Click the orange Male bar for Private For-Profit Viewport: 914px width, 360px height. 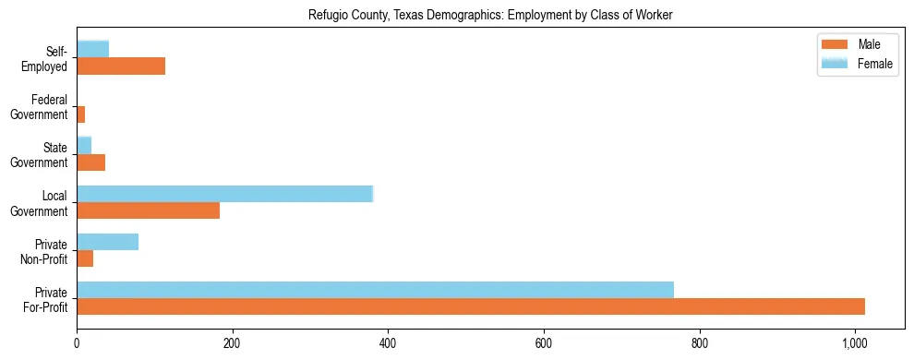(471, 306)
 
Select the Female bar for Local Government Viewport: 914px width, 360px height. (224, 193)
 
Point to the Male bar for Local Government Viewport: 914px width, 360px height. (148, 210)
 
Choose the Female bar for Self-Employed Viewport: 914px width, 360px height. (92, 49)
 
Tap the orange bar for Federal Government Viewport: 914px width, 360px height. (81, 114)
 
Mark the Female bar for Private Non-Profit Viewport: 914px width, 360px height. (107, 241)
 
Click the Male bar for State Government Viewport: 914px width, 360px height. (90, 162)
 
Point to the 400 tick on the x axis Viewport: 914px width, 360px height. (388, 343)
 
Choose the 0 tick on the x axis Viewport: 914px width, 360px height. (77, 343)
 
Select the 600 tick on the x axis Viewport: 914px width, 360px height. (544, 343)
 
